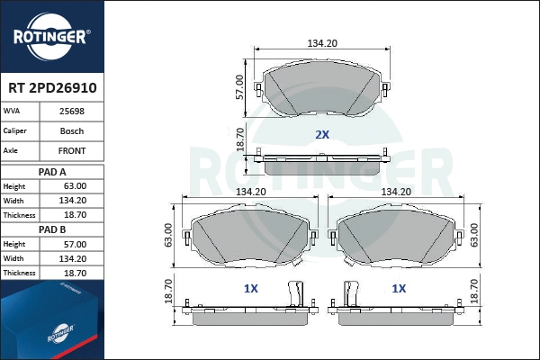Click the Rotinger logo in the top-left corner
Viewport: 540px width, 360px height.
(51, 36)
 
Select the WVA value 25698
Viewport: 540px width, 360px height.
(73, 112)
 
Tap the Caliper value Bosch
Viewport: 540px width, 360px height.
(73, 131)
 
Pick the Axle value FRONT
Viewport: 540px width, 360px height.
(73, 152)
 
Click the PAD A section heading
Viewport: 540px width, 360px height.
(52, 171)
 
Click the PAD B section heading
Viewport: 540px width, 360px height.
(52, 229)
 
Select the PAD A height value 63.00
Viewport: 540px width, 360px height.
(75, 186)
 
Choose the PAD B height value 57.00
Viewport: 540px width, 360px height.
(75, 244)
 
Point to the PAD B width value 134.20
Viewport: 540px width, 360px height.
(75, 258)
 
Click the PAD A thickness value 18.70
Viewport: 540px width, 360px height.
(75, 215)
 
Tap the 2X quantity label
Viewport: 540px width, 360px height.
(321, 134)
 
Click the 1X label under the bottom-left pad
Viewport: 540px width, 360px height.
(251, 289)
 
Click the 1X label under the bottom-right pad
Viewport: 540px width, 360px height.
(397, 289)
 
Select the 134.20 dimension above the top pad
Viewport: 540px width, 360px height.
(321, 42)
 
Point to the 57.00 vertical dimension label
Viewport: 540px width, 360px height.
(239, 86)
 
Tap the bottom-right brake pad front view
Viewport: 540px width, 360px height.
(396, 238)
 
